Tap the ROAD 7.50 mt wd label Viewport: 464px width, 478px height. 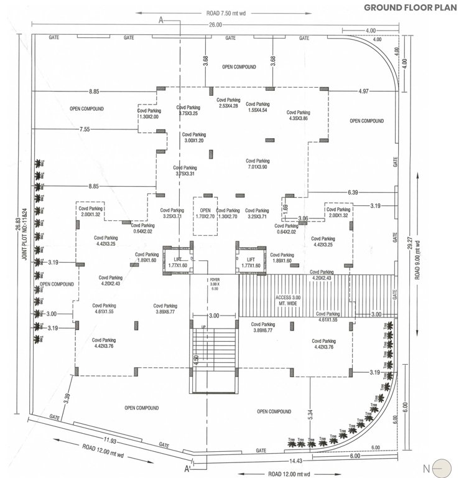[230, 13]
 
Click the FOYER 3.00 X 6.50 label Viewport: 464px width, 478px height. [215, 283]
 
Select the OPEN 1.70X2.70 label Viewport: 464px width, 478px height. [206, 214]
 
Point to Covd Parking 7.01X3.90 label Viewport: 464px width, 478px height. [260, 163]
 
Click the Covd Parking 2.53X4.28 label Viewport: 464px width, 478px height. [228, 103]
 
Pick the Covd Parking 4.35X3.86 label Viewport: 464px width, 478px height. [299, 115]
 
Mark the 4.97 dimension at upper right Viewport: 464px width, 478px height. [364, 91]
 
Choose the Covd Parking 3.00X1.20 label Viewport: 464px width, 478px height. [194, 138]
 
